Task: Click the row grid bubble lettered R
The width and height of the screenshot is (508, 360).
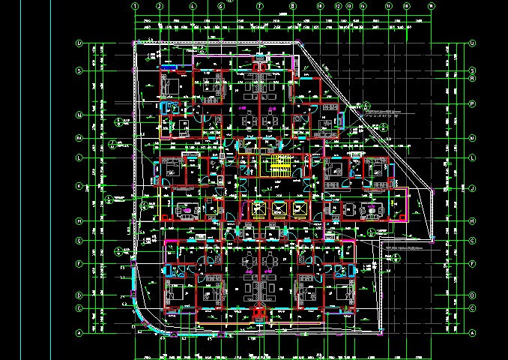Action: [x=473, y=78]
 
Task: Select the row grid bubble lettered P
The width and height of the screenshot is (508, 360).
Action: [x=473, y=103]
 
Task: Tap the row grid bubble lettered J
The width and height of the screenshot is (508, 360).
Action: [x=473, y=188]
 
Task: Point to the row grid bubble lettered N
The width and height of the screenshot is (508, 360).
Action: [x=79, y=115]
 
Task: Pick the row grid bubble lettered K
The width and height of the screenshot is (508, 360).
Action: [x=79, y=186]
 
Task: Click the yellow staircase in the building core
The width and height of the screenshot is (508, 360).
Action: [x=279, y=165]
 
